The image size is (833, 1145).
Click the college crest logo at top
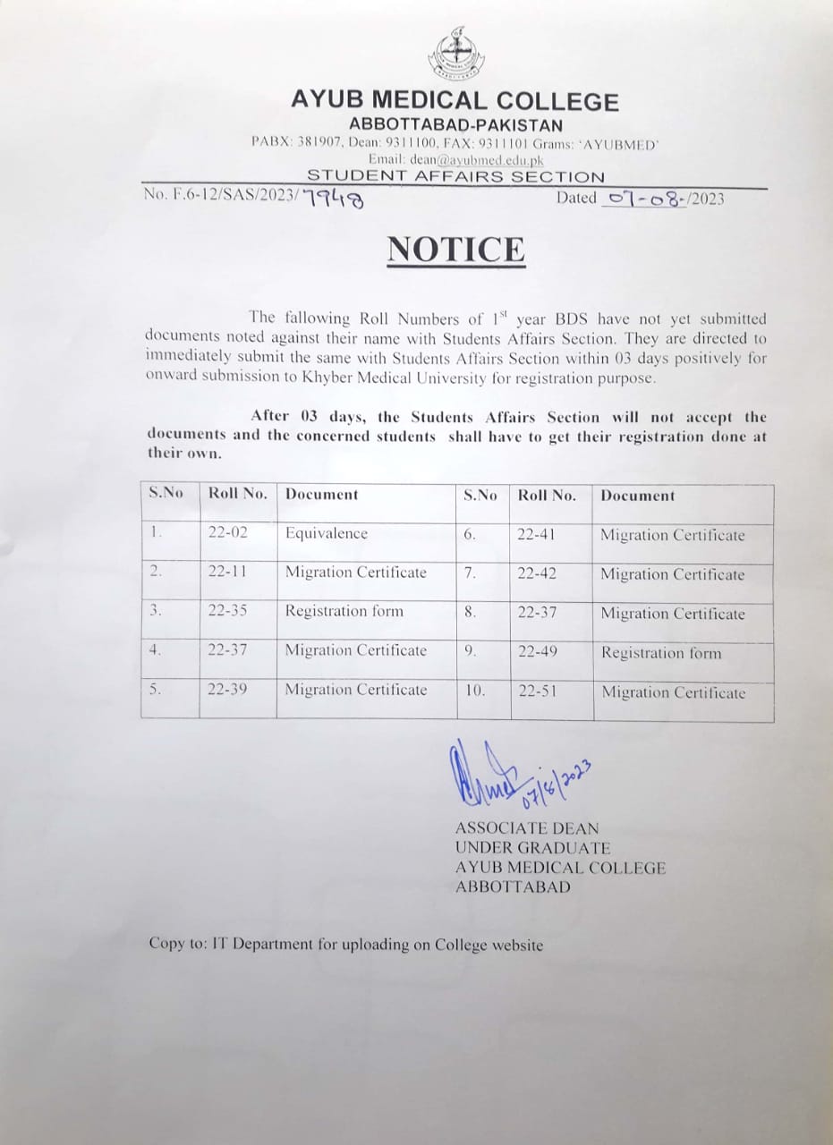tap(455, 55)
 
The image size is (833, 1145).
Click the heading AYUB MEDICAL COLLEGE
tap(455, 101)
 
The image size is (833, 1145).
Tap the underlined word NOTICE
tap(456, 249)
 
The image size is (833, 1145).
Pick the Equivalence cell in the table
tap(327, 533)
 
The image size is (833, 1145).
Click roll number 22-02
tap(227, 533)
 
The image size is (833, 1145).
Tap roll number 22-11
tap(227, 572)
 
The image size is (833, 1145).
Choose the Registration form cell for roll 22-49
tap(661, 653)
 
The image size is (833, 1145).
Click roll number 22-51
tap(537, 691)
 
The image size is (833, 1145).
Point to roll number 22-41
tap(537, 535)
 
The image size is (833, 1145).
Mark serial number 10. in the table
tap(475, 691)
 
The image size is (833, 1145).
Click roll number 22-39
tap(227, 690)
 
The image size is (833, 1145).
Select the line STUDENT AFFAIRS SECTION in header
tap(455, 177)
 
